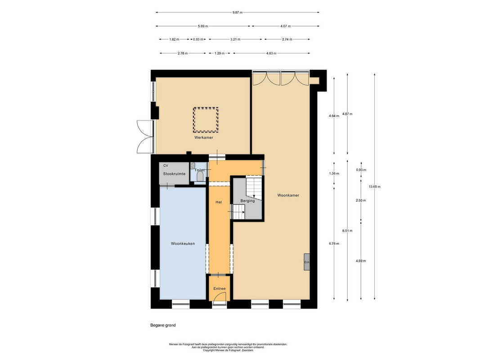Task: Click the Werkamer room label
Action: [x=204, y=137]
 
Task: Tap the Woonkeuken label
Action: [x=183, y=243]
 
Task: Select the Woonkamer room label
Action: [x=288, y=195]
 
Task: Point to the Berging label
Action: [x=247, y=201]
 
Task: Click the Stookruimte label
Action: [x=174, y=174]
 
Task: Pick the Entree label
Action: [x=220, y=288]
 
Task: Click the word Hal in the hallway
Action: [x=219, y=202]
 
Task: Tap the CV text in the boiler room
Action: [x=166, y=166]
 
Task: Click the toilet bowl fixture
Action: [x=200, y=176]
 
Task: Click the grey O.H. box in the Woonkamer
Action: [x=307, y=262]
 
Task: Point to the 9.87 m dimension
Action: [x=237, y=13]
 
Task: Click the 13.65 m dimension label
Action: [x=375, y=187]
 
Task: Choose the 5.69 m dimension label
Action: [x=202, y=27]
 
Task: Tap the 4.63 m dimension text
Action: [x=271, y=53]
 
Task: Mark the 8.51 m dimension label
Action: [x=347, y=231]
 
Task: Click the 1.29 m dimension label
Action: [x=219, y=53]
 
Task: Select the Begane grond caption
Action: [x=163, y=325]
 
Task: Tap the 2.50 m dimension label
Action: [x=361, y=201]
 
